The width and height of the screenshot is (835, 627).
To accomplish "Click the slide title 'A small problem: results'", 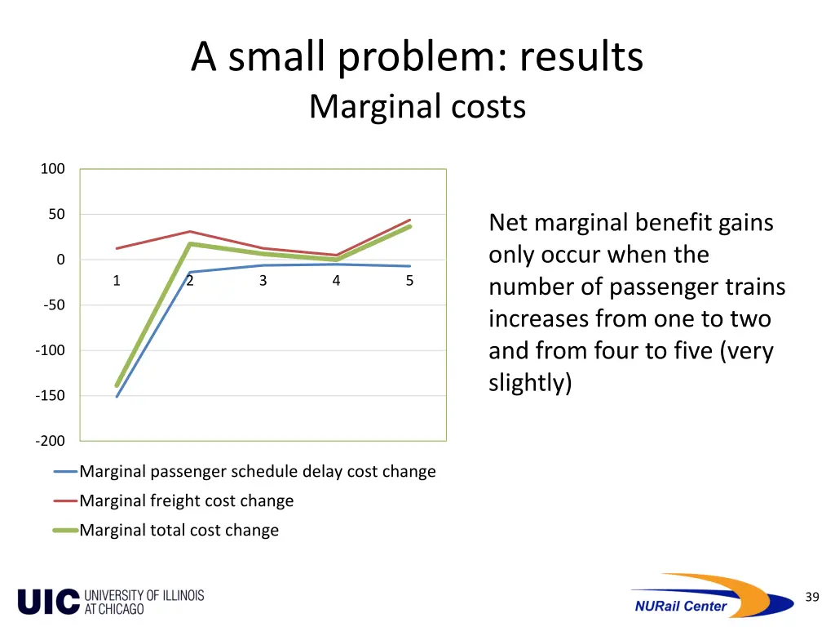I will [417, 58].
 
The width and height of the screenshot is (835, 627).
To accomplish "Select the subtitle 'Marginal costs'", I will [417, 107].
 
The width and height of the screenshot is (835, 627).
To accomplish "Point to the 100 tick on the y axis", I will [53, 169].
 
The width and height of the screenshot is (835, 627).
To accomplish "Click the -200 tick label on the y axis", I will [50, 441].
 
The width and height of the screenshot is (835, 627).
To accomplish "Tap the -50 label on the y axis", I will [52, 305].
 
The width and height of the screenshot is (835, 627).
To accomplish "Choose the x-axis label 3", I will [263, 281].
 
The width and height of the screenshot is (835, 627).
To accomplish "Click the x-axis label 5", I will [409, 281].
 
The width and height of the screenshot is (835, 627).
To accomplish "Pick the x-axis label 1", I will [117, 281].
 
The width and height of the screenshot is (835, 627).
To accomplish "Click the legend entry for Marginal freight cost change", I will [186, 500].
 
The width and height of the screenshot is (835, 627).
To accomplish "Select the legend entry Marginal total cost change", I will [179, 530].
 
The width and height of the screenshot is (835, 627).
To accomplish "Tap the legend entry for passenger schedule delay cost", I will [257, 471].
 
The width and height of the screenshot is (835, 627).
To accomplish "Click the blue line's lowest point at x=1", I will [117, 397].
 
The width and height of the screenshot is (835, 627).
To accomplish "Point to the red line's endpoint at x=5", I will [409, 220].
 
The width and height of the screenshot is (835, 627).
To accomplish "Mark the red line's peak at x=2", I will [190, 231].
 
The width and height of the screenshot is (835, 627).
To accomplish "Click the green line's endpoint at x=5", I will [409, 226].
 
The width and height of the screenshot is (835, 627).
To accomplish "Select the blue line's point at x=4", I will [336, 264].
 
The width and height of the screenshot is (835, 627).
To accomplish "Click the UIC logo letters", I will [49, 602].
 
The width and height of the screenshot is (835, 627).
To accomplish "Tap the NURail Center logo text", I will [680, 606].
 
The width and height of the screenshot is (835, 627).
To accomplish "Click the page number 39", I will [811, 597].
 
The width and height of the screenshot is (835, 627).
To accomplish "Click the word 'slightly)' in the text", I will [530, 383].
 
